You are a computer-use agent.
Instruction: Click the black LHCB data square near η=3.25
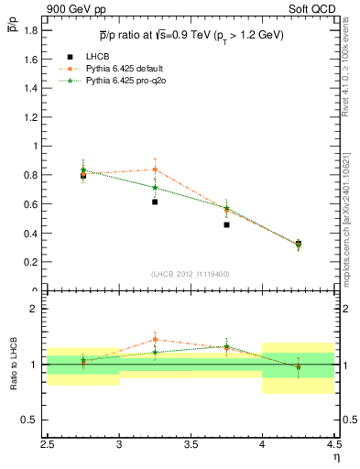[x=155, y=202]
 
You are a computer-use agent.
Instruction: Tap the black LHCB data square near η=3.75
[x=226, y=224]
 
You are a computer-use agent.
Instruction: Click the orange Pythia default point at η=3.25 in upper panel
[x=155, y=169]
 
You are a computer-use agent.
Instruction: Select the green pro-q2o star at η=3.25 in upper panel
[x=155, y=188]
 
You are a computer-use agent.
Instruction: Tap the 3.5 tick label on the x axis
[x=191, y=441]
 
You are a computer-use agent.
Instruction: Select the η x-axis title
[x=335, y=455]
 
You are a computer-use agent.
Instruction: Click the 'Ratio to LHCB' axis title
[x=13, y=365]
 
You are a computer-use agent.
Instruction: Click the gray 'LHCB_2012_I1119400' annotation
[x=191, y=274]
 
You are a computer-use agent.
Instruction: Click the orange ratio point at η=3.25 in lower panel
[x=155, y=340]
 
